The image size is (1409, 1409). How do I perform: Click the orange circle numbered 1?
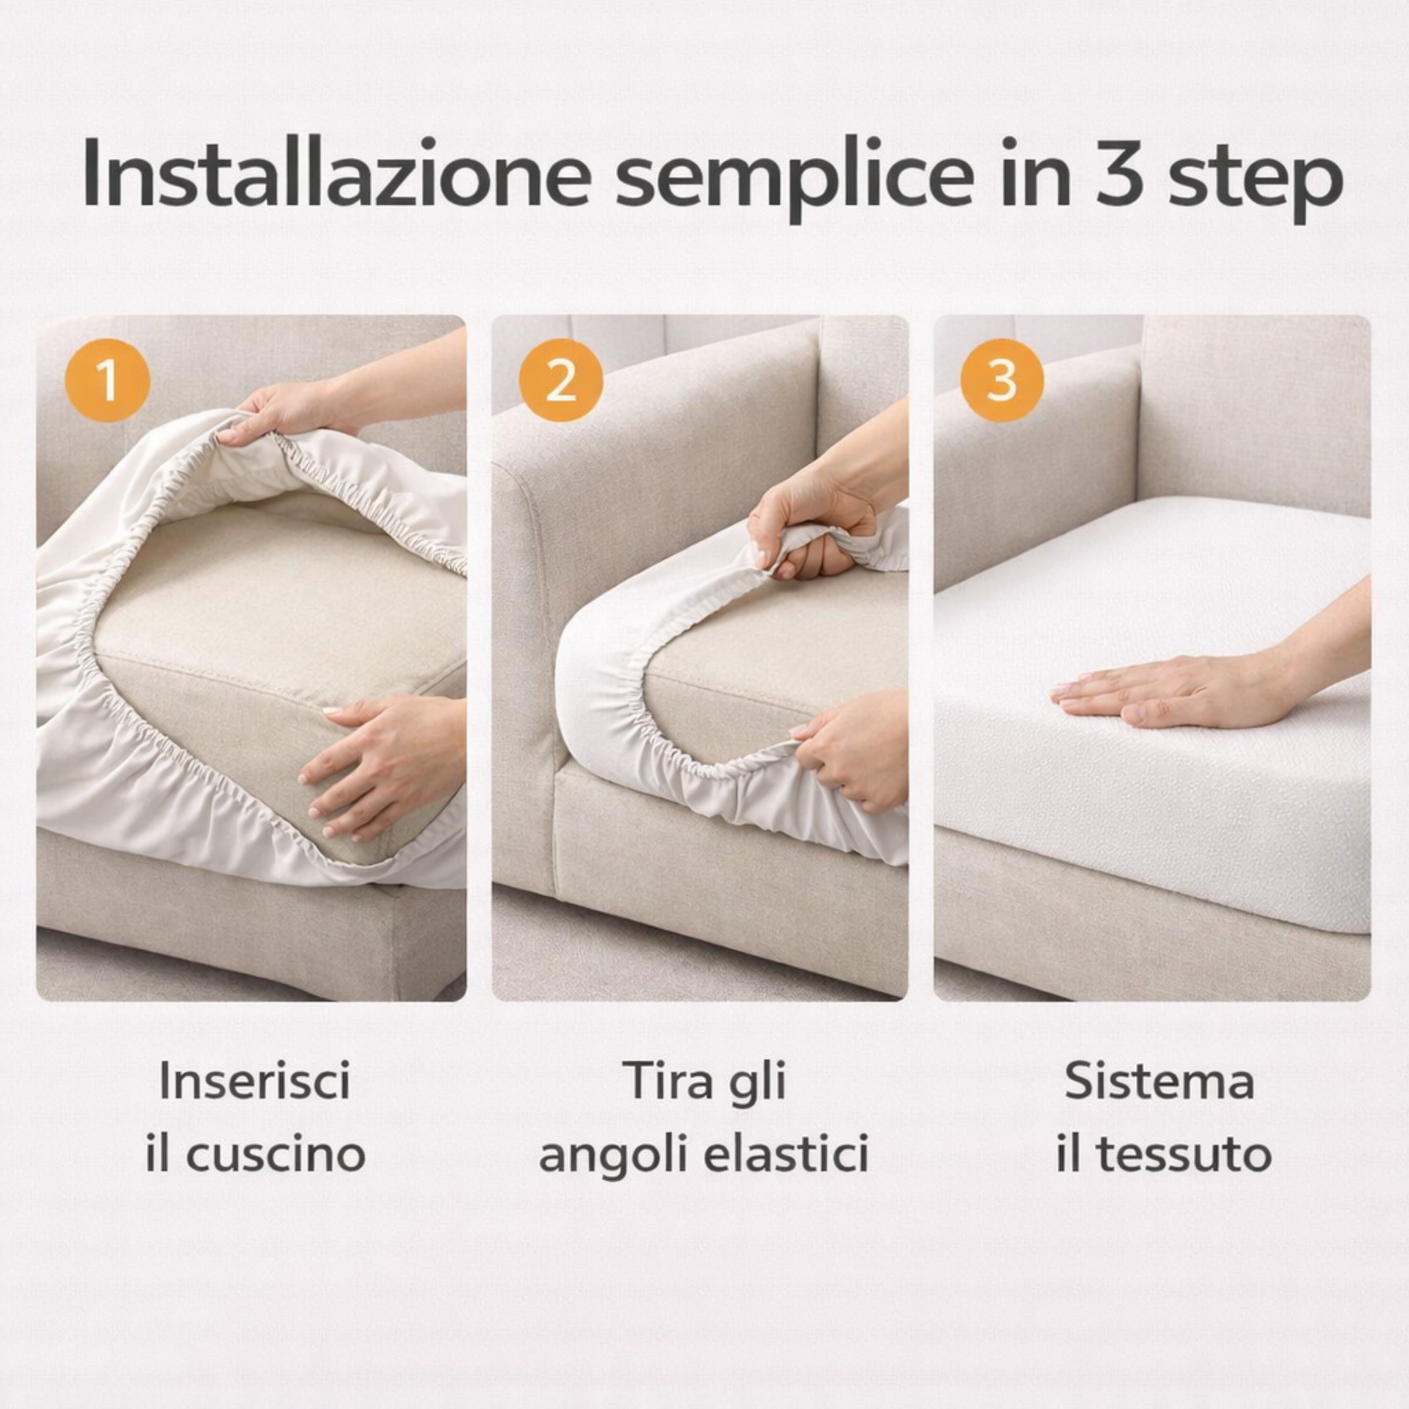(107, 379)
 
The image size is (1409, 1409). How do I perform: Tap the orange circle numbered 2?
(561, 379)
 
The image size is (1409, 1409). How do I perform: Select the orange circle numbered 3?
(1001, 379)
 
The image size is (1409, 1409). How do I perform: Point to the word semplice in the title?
(795, 182)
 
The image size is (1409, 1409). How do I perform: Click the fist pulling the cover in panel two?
(813, 533)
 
